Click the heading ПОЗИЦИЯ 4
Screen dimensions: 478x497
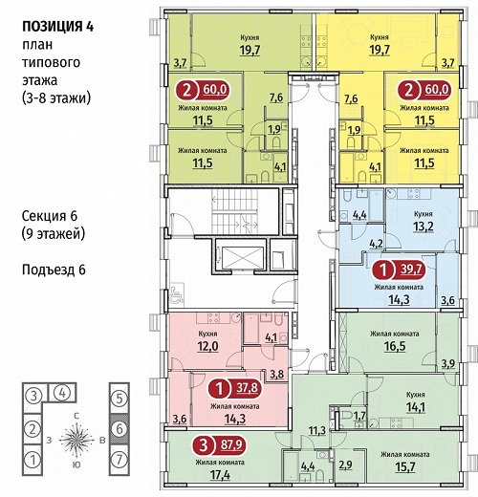click(57, 27)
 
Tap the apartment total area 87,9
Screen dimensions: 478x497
click(231, 444)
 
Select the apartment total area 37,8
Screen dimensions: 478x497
click(247, 388)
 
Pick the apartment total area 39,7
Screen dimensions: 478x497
click(411, 270)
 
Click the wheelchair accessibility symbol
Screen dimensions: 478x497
click(175, 294)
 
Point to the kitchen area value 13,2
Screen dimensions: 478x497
click(424, 227)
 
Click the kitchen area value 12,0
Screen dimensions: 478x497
click(207, 346)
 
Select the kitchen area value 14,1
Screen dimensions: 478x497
click(416, 407)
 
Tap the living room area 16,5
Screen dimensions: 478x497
click(395, 346)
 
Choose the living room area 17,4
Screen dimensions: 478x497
click(220, 475)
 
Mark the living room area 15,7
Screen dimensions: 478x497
click(404, 466)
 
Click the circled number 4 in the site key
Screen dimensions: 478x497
click(62, 393)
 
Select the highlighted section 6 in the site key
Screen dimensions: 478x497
click(119, 429)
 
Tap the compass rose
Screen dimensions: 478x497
click(76, 441)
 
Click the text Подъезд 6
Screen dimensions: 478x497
click(54, 270)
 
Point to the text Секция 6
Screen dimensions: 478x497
click(50, 216)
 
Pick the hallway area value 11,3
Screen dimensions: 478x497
click(316, 431)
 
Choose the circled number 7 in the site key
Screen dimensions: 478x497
click(119, 460)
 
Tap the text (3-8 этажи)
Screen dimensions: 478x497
click(56, 97)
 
